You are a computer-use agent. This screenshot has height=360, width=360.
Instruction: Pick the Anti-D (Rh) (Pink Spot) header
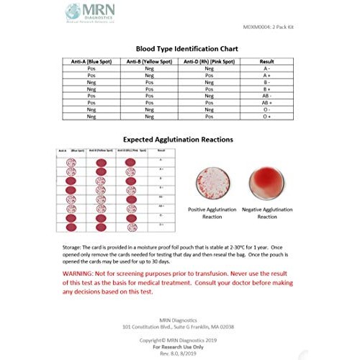coord(208,62)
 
